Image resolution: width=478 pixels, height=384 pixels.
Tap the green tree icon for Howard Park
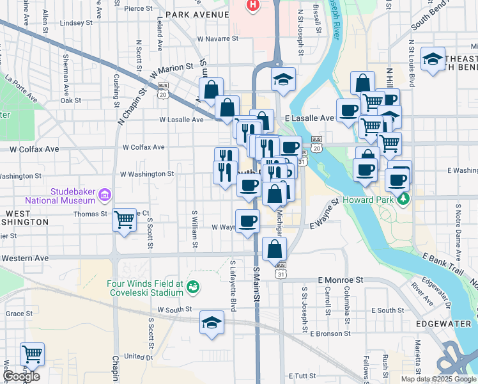403,199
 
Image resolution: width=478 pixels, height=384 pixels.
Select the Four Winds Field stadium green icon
192,289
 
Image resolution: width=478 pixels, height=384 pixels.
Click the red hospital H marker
253,5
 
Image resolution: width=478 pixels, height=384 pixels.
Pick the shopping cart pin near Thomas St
124,220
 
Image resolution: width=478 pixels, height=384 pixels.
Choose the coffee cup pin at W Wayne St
247,221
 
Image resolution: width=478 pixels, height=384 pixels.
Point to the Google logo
21,376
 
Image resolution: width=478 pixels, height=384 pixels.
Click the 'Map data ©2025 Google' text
438,379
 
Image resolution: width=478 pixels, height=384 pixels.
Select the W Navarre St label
217,38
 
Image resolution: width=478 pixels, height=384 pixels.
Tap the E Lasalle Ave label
310,118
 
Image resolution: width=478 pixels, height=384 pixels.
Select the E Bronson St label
330,333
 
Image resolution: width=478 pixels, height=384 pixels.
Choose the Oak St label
70,100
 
